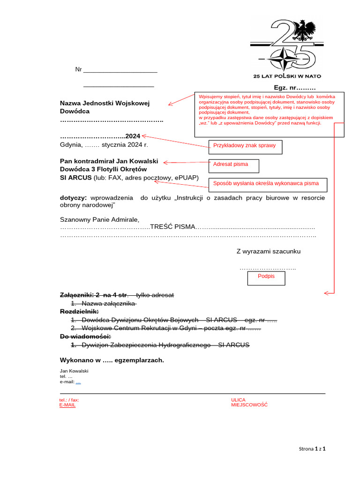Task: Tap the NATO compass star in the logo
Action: (x=285, y=59)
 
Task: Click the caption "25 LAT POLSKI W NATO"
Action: (x=287, y=76)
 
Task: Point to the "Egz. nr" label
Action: (x=294, y=88)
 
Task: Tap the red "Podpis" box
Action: (x=266, y=277)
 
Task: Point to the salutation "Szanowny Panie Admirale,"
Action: (x=99, y=219)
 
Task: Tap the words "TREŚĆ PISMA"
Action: (x=172, y=227)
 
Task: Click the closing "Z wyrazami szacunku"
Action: (x=268, y=251)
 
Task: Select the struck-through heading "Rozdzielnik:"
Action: (x=79, y=311)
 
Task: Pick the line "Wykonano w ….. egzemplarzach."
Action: (x=112, y=360)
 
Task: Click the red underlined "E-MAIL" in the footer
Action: (x=67, y=405)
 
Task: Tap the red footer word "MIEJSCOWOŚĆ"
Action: (x=249, y=405)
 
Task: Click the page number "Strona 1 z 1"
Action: (x=312, y=449)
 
